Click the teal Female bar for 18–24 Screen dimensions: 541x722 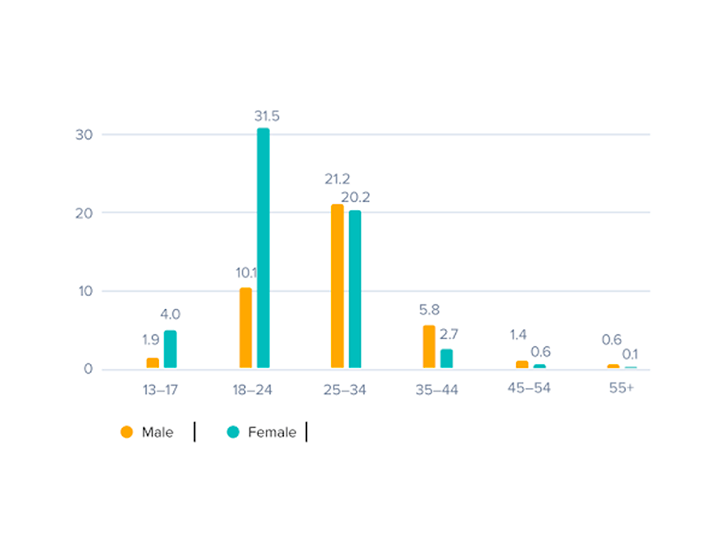(263, 248)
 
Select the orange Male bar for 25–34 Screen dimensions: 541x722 (338, 286)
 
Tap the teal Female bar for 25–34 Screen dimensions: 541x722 (355, 289)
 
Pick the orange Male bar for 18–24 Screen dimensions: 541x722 (245, 328)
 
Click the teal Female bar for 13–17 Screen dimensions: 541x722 (170, 349)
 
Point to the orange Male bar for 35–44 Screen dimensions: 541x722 (429, 346)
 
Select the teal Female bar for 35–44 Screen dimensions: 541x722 (446, 358)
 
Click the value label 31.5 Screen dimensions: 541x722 (267, 116)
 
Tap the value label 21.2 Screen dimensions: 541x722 (338, 179)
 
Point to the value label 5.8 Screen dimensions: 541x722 (429, 311)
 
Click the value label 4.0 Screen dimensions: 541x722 (170, 314)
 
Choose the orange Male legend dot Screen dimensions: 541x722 (126, 432)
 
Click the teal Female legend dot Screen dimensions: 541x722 (233, 432)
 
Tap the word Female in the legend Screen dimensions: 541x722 (272, 432)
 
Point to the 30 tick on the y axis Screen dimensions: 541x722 (84, 135)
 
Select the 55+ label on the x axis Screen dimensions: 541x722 (621, 388)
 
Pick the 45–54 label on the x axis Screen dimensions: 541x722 (529, 388)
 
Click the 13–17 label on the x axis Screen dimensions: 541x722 (159, 390)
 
